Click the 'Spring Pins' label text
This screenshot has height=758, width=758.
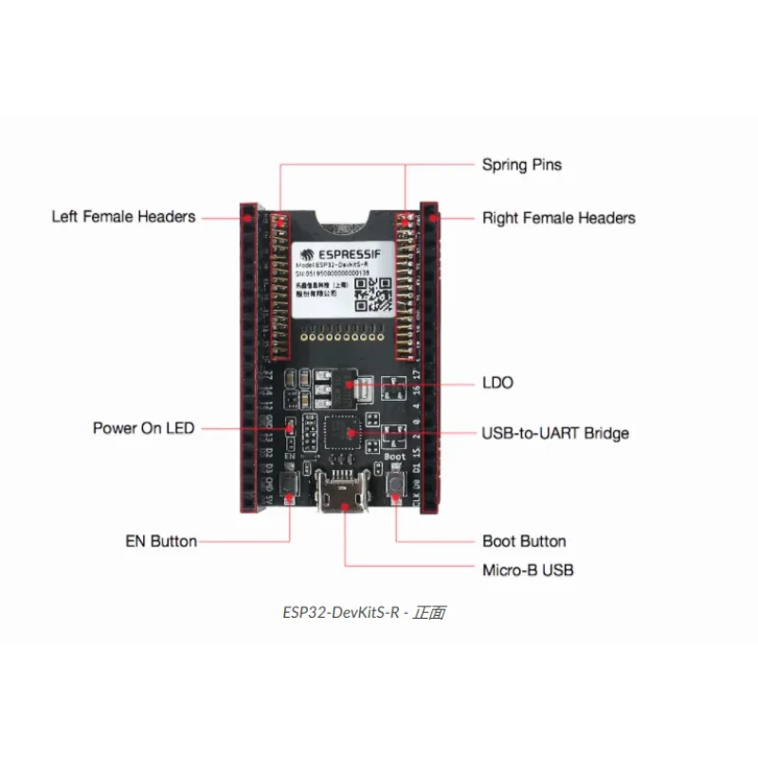click(521, 165)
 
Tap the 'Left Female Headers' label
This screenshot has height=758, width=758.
click(123, 217)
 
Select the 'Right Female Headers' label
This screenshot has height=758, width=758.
click(558, 218)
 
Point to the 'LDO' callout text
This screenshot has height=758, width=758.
click(497, 383)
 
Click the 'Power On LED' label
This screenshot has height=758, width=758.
click(143, 428)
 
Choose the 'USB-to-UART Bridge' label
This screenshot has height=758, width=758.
click(555, 434)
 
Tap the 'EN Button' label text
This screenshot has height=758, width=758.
click(161, 542)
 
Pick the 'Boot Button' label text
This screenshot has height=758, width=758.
click(524, 542)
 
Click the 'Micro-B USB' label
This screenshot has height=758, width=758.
click(528, 570)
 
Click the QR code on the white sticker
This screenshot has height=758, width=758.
click(373, 295)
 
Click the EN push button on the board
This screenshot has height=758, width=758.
click(290, 489)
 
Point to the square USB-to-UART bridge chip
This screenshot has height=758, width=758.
click(342, 433)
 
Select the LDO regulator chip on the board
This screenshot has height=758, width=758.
click(358, 385)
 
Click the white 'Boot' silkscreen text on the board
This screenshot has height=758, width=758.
click(396, 457)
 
